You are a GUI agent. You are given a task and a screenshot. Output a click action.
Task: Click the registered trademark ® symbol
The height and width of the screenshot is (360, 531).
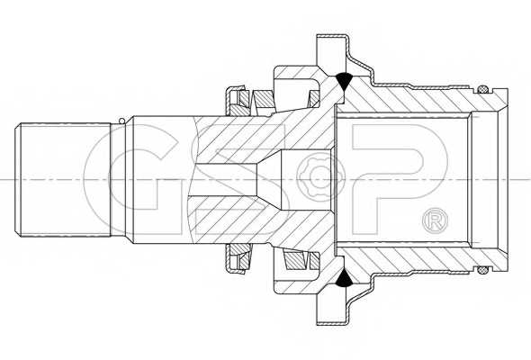(436, 220)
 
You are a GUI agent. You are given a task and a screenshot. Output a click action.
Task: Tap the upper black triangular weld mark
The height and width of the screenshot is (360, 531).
(344, 81)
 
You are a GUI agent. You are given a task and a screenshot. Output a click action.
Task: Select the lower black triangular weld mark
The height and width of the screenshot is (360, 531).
(344, 277)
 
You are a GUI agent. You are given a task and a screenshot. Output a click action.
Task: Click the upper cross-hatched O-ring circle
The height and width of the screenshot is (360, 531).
(482, 90)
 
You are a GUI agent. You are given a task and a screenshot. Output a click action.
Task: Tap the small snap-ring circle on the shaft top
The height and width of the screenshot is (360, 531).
(121, 121)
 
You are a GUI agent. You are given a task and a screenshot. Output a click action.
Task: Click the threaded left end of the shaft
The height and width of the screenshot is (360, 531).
(63, 179)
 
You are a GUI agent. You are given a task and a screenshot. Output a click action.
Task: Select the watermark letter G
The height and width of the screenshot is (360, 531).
(130, 179)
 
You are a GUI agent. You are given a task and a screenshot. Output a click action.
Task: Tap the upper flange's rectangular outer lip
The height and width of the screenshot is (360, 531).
(332, 50)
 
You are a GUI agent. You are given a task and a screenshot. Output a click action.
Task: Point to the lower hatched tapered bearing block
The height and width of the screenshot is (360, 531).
(295, 260)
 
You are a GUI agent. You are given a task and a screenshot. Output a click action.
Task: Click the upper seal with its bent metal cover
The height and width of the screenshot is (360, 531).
(237, 101)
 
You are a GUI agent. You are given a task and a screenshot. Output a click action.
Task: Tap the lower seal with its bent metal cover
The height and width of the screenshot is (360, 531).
(237, 258)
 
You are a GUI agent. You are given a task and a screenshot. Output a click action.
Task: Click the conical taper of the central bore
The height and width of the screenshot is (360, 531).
(269, 179)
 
